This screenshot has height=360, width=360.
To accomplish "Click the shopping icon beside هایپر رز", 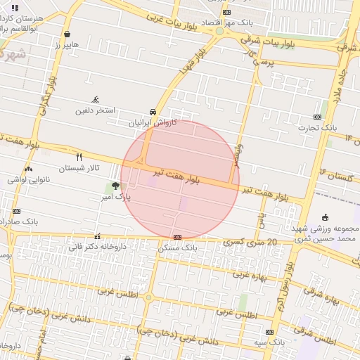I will [66, 34].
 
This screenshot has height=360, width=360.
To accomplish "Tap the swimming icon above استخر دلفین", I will [96, 99].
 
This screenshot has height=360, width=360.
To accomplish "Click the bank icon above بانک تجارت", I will [318, 117].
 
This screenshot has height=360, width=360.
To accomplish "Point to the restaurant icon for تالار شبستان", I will [79, 157].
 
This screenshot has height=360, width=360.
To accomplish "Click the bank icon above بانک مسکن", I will [177, 237].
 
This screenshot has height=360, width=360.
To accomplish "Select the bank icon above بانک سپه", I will [269, 332].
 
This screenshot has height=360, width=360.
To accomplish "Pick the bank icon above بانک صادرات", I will [16, 211].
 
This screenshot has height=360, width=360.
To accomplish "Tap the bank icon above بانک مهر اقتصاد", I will [226, 12].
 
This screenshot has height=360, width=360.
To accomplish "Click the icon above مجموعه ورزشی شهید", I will [324, 217].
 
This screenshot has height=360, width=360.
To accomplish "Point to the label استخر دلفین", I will [96, 110].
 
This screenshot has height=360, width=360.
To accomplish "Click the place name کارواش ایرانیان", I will [152, 122].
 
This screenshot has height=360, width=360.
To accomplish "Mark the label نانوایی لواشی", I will [27, 179].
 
